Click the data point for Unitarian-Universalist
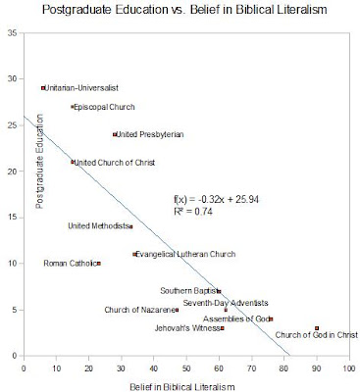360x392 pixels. [x=43, y=88]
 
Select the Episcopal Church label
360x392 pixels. [x=104, y=107]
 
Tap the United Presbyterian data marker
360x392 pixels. [x=115, y=134]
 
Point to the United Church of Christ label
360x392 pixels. [x=115, y=163]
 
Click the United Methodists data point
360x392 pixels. [x=131, y=226]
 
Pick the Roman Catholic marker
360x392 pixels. [x=99, y=264]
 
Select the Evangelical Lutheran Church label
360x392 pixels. [x=185, y=254]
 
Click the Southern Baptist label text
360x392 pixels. [x=188, y=291]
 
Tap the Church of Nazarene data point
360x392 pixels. [x=177, y=310]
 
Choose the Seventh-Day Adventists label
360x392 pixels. [x=226, y=303]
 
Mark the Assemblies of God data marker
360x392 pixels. [x=271, y=318]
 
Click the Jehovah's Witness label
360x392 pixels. [x=187, y=328]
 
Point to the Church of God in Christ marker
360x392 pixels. [x=317, y=328]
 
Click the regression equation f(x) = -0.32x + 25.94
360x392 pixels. [x=217, y=199]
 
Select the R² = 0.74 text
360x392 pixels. [x=193, y=212]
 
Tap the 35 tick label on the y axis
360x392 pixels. [x=14, y=33]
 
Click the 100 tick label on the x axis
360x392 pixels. [x=349, y=368]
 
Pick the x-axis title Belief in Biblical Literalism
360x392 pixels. [x=182, y=387]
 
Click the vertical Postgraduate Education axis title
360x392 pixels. [x=39, y=162]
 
